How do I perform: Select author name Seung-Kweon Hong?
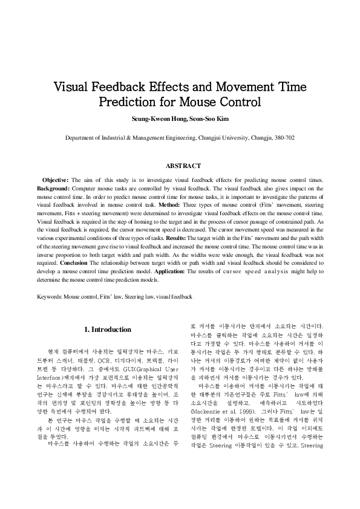154,118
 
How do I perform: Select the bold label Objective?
55,180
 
